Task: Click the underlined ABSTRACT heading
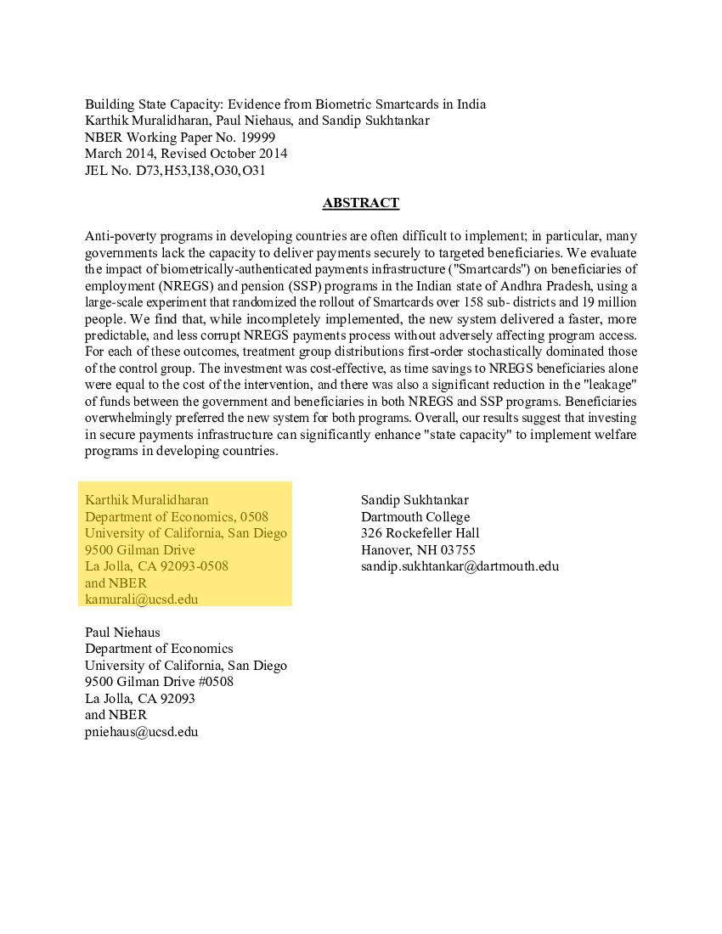pos(360,203)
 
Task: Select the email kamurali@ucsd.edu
pos(141,599)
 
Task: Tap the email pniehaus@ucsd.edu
pos(141,731)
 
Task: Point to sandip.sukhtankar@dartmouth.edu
pos(460,565)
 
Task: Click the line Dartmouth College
pos(415,516)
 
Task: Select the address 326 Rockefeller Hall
pos(420,533)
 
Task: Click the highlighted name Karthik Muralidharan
pos(146,499)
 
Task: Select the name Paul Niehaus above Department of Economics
pos(122,632)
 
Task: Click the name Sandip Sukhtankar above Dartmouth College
pos(415,500)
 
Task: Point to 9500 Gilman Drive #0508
pos(159,681)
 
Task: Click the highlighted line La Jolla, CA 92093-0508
pos(156,565)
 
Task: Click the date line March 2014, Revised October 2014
pos(185,154)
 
